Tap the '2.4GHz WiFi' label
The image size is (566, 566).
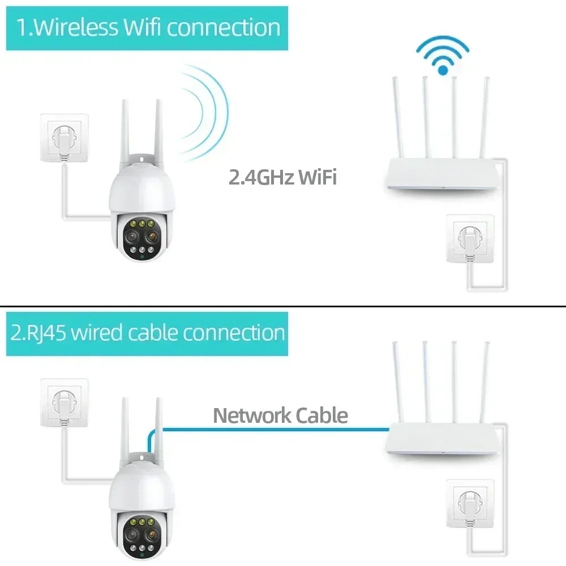[x=282, y=177]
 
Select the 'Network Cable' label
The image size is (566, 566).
[x=281, y=415]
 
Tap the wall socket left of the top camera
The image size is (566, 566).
[x=65, y=138]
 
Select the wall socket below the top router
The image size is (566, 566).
[x=470, y=238]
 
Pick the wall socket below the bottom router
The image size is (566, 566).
[x=470, y=504]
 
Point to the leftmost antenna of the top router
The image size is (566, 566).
[x=398, y=117]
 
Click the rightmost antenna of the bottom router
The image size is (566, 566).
[x=484, y=382]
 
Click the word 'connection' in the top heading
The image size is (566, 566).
[x=224, y=28]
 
